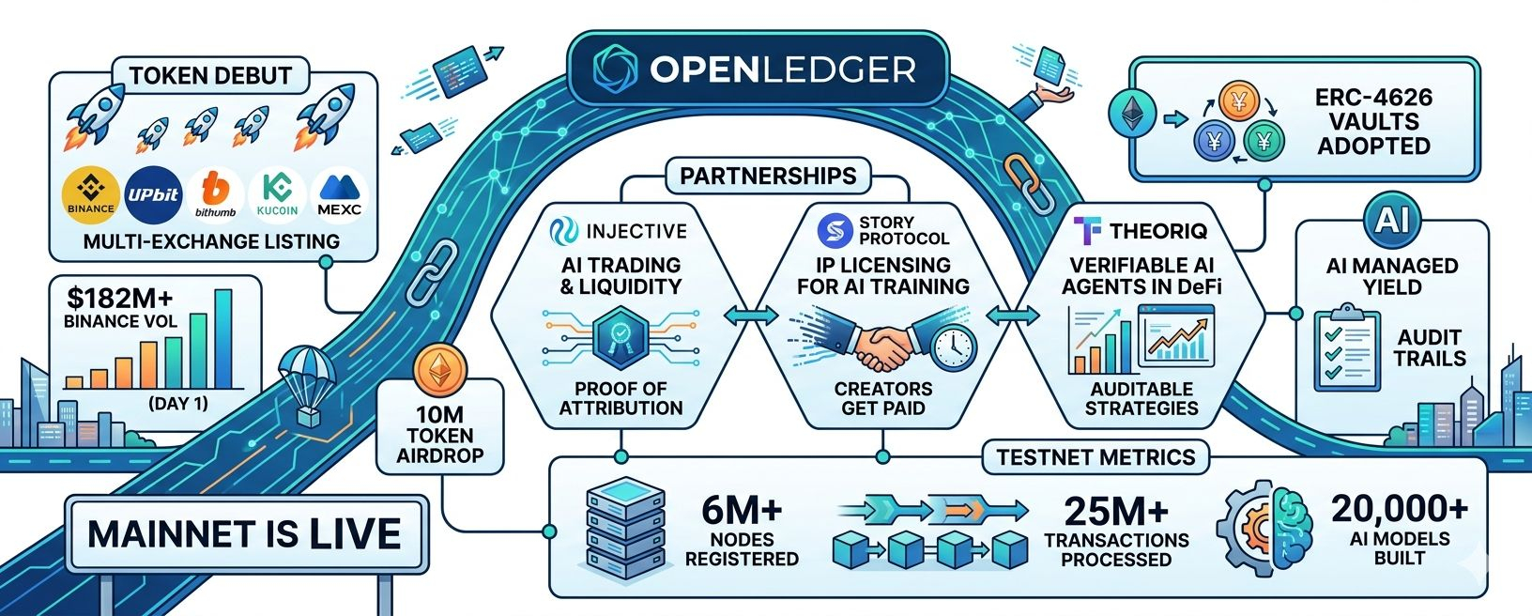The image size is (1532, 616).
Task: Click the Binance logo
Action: [x=91, y=195]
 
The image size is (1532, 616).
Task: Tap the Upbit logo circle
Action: [x=153, y=195]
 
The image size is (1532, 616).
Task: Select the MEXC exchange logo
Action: [x=339, y=195]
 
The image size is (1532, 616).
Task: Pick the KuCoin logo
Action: [x=278, y=195]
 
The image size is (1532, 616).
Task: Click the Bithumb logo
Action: [x=216, y=195]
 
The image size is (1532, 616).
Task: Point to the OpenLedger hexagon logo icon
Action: [x=615, y=69]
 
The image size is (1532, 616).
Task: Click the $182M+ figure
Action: [x=120, y=299]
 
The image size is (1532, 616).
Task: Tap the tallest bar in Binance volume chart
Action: [x=223, y=339]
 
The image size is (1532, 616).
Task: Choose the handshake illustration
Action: [x=883, y=342]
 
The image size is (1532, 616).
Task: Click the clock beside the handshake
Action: [x=954, y=347]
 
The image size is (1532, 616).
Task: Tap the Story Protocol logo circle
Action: [x=835, y=230]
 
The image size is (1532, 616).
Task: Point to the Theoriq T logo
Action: [x=1087, y=231]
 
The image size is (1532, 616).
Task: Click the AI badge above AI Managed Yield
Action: [x=1392, y=220]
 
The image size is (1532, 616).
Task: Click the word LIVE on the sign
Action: [x=355, y=534]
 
